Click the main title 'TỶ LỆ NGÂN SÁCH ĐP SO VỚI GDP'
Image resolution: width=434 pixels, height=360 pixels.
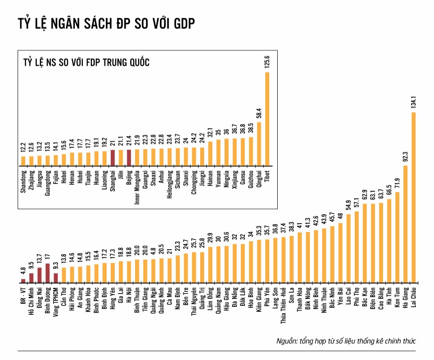pos(106,24)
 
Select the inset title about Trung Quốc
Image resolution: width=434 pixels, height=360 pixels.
pos(86,62)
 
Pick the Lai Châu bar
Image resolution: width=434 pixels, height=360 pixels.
pos(414,197)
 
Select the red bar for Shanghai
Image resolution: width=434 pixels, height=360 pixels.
pos(112,157)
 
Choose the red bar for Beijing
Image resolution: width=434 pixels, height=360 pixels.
pos(129,157)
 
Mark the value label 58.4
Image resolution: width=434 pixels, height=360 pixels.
pos(259,113)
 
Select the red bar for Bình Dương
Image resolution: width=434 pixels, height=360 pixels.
pos(47,273)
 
